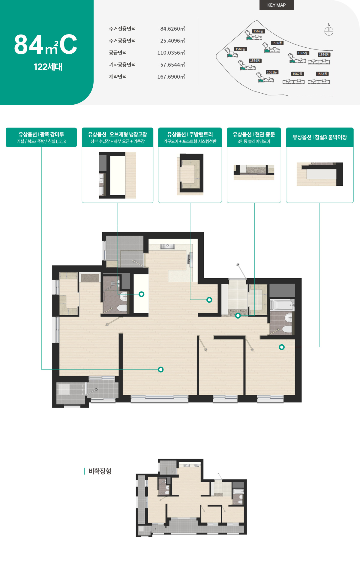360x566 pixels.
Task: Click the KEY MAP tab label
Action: click(276, 5)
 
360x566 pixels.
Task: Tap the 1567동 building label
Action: click(258, 31)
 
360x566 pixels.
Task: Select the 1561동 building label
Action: click(272, 72)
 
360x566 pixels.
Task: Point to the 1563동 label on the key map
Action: click(322, 74)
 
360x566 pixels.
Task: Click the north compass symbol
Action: click(329, 31)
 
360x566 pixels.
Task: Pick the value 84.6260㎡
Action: click(172, 29)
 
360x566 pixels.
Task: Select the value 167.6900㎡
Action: click(171, 77)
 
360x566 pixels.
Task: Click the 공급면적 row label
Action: click(118, 53)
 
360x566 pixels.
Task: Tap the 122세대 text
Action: click(48, 67)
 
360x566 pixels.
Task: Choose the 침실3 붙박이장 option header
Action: click(320, 137)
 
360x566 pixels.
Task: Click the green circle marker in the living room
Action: click(161, 370)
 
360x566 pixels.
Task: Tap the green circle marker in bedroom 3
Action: click(282, 347)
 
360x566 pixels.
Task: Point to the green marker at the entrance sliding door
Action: click(238, 316)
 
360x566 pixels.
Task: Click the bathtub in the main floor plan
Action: click(282, 305)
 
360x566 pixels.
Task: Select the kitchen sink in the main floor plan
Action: click(167, 246)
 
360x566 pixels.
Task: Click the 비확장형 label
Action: click(100, 471)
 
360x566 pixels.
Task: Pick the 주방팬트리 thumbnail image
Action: click(190, 174)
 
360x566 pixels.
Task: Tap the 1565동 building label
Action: click(303, 53)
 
